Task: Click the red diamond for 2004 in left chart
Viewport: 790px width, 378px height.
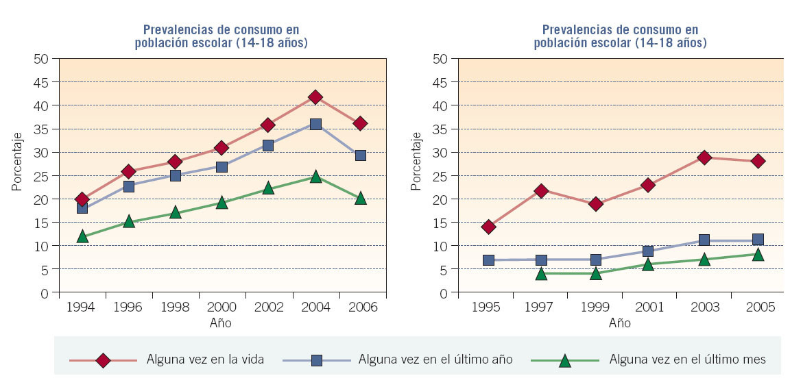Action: click(x=315, y=97)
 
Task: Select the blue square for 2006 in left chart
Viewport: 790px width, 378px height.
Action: click(x=361, y=155)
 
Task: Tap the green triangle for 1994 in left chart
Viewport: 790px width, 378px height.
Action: click(x=82, y=236)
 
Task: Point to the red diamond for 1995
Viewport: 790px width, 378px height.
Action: click(x=488, y=227)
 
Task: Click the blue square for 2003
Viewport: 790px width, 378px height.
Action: click(x=704, y=240)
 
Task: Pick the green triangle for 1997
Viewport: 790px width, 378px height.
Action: click(x=542, y=274)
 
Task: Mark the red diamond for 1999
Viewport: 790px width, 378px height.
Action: click(x=596, y=204)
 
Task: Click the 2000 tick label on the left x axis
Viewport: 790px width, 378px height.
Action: click(x=222, y=307)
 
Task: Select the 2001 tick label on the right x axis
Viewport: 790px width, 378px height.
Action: click(x=649, y=307)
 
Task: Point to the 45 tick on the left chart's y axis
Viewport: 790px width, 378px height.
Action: click(x=42, y=82)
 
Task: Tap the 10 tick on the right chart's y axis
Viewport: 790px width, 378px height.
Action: click(x=441, y=246)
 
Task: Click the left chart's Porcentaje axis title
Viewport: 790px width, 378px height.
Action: click(x=16, y=161)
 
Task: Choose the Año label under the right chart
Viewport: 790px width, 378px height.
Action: click(x=619, y=323)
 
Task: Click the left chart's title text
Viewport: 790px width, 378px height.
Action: click(x=221, y=36)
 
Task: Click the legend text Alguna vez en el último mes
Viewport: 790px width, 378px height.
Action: click(x=687, y=360)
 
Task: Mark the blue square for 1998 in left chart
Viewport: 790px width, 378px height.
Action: click(x=176, y=175)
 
